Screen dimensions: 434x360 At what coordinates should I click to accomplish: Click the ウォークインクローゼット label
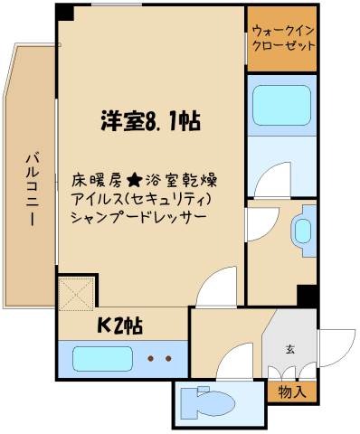[282, 36]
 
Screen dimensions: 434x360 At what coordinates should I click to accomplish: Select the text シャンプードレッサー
[137, 219]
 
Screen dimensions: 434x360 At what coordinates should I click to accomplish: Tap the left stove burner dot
[151, 359]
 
